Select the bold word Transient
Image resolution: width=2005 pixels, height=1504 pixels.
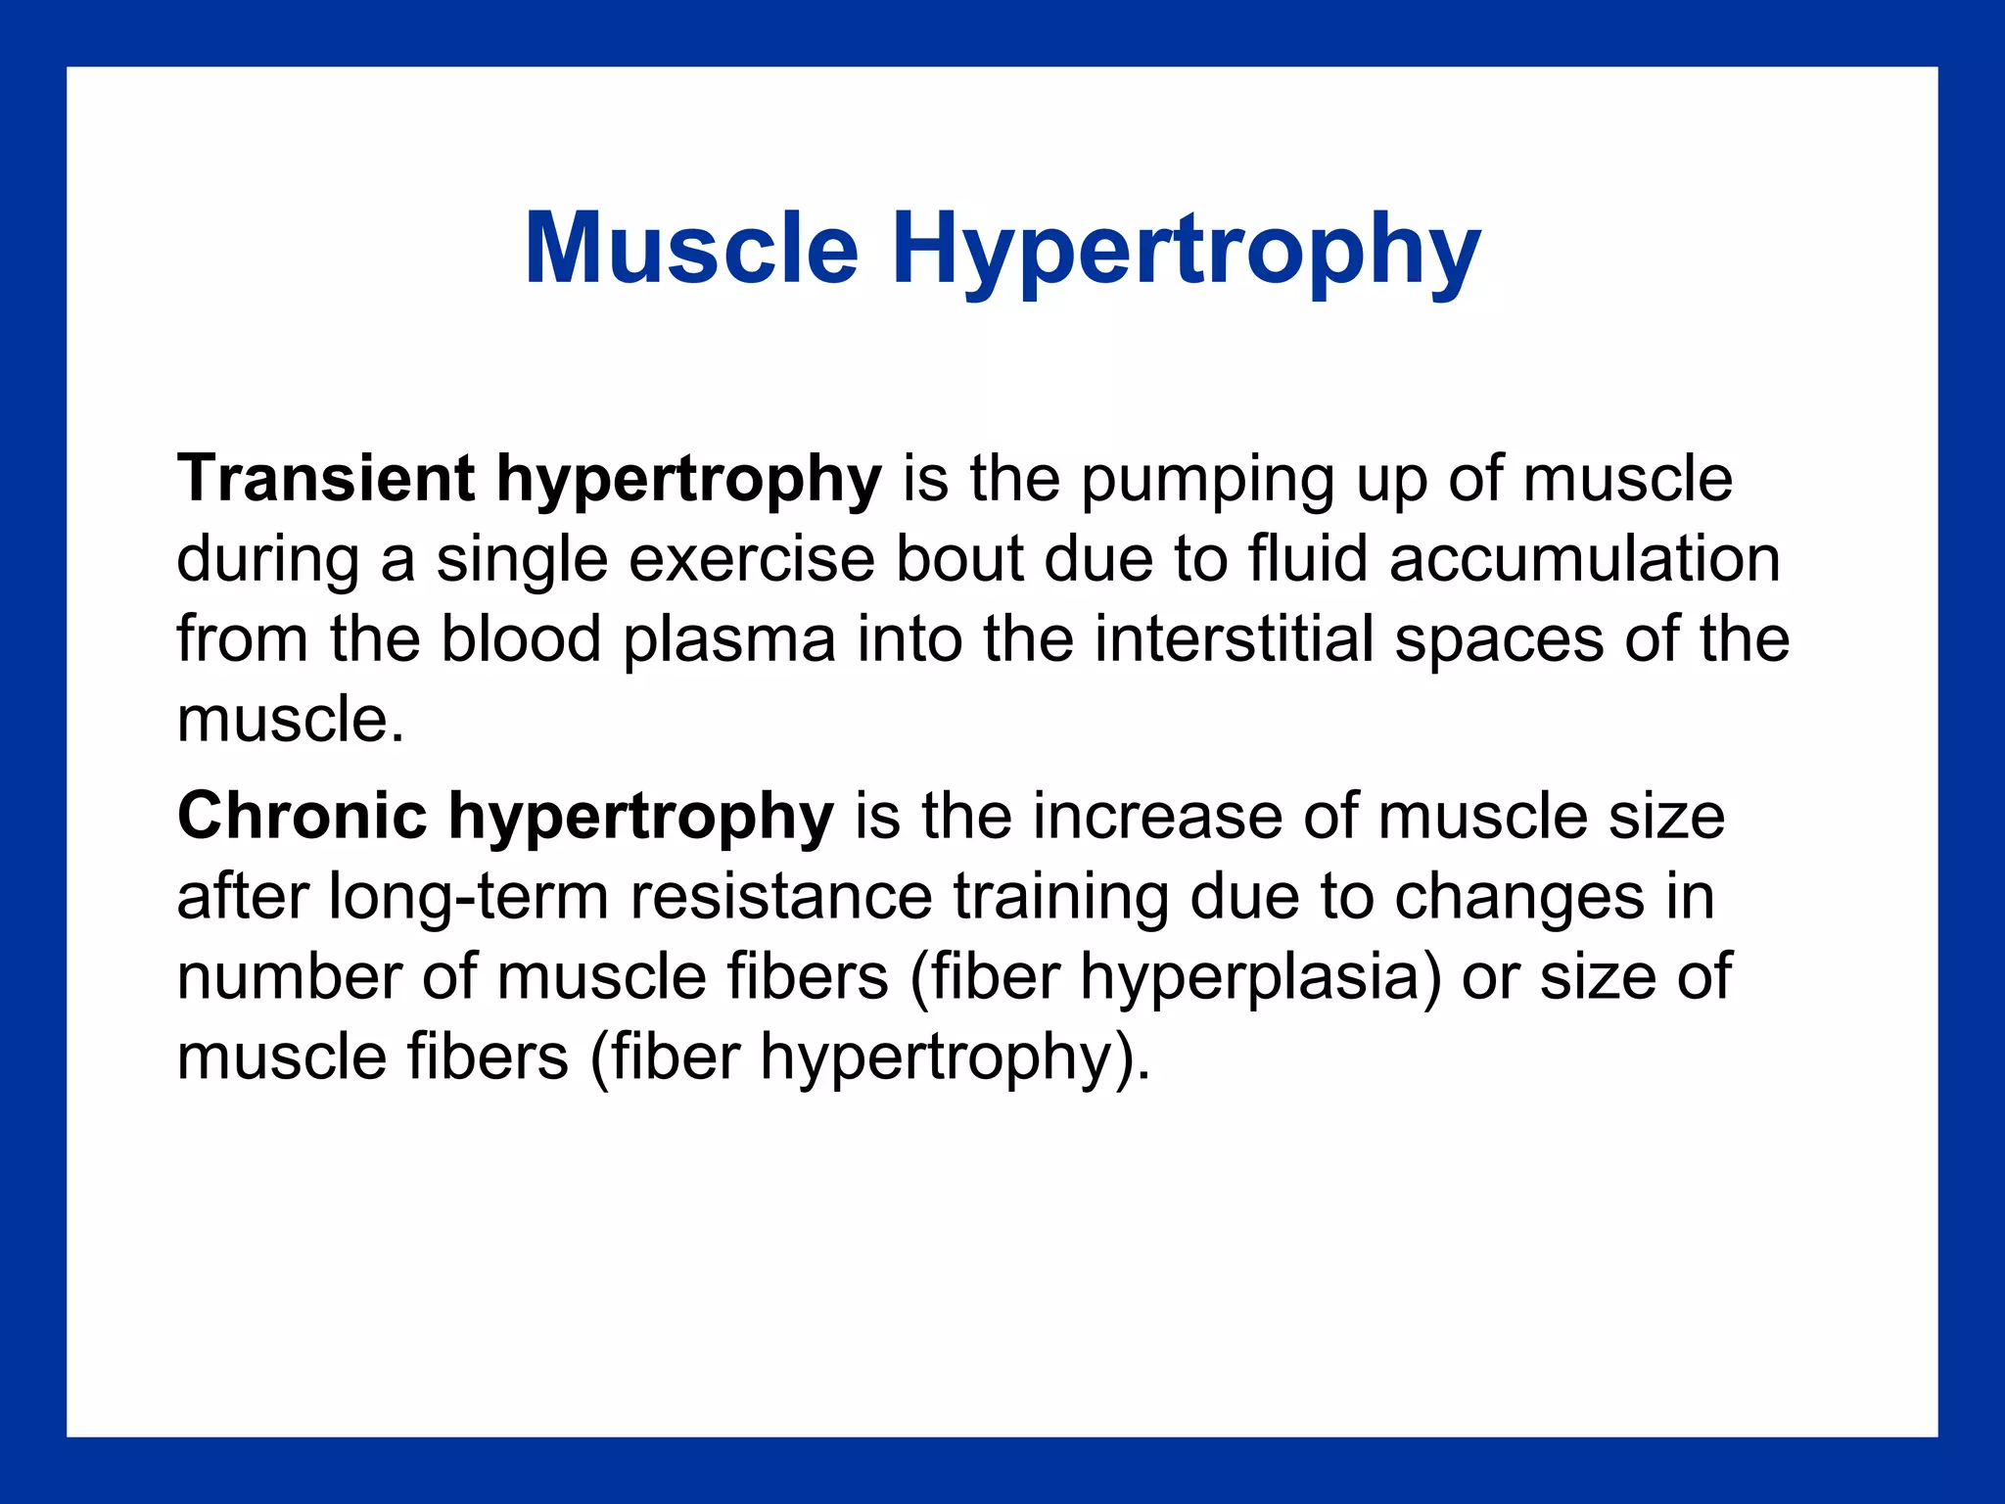pos(326,479)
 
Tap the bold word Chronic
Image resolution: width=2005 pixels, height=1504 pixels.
pos(303,816)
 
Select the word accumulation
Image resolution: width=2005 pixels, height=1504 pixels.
pos(1584,559)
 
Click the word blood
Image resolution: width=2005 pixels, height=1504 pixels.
pos(521,639)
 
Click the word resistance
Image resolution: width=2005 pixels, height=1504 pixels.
pos(781,896)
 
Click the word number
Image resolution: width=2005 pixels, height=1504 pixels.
pos(290,976)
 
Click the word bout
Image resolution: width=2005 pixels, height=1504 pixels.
pos(959,559)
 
